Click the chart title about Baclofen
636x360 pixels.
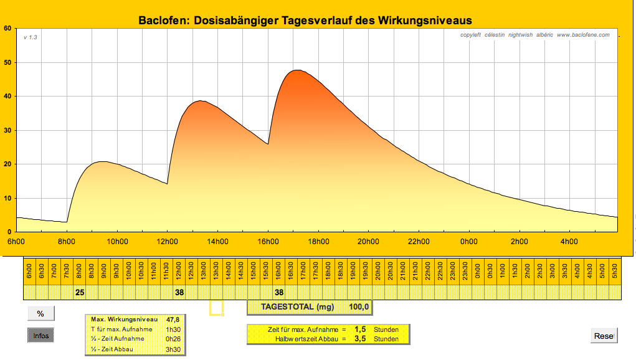coord(305,21)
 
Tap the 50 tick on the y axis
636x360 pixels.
coord(7,62)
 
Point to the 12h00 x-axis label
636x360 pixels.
coord(167,242)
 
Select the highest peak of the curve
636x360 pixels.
coord(297,70)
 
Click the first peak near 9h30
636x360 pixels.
coord(103,162)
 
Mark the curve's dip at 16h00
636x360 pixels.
coord(268,144)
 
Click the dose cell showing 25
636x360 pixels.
coord(79,291)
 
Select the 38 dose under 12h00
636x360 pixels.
coord(179,291)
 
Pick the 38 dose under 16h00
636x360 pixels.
coord(279,291)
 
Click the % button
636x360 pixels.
coord(40,313)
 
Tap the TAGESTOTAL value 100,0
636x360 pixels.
coord(359,307)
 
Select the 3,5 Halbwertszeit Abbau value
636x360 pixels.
coord(360,339)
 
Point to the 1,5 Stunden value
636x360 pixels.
coord(360,329)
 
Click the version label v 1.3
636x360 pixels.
coord(31,37)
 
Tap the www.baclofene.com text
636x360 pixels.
coord(583,35)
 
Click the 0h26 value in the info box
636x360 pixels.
coord(173,338)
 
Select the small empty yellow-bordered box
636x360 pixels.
coord(216,307)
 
